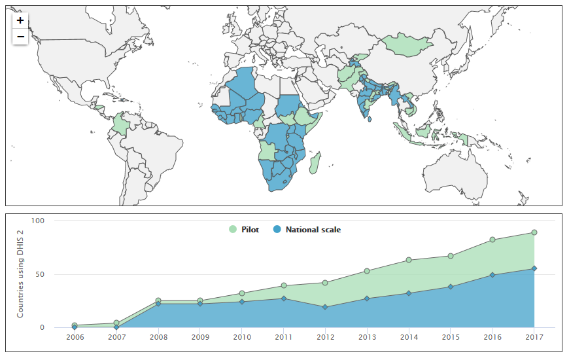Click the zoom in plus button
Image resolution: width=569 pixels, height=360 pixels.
pos(20,20)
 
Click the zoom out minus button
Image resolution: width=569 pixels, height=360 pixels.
pos(20,37)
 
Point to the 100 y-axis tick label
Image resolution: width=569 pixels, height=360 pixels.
pos(37,221)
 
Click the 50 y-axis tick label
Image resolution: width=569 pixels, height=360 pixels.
pos(39,274)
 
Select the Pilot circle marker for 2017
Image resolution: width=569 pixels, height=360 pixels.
pos(534,232)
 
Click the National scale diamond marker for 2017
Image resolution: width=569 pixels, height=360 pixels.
pos(534,268)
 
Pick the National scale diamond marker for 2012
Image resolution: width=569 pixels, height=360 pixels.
pos(325,307)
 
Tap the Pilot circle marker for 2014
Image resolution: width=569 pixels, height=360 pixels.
pos(409,260)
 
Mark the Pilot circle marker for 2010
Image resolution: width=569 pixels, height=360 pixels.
pos(242,293)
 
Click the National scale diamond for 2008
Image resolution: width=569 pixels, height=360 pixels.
pos(158,304)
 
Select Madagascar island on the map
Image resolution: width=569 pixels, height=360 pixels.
pos(315,162)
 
